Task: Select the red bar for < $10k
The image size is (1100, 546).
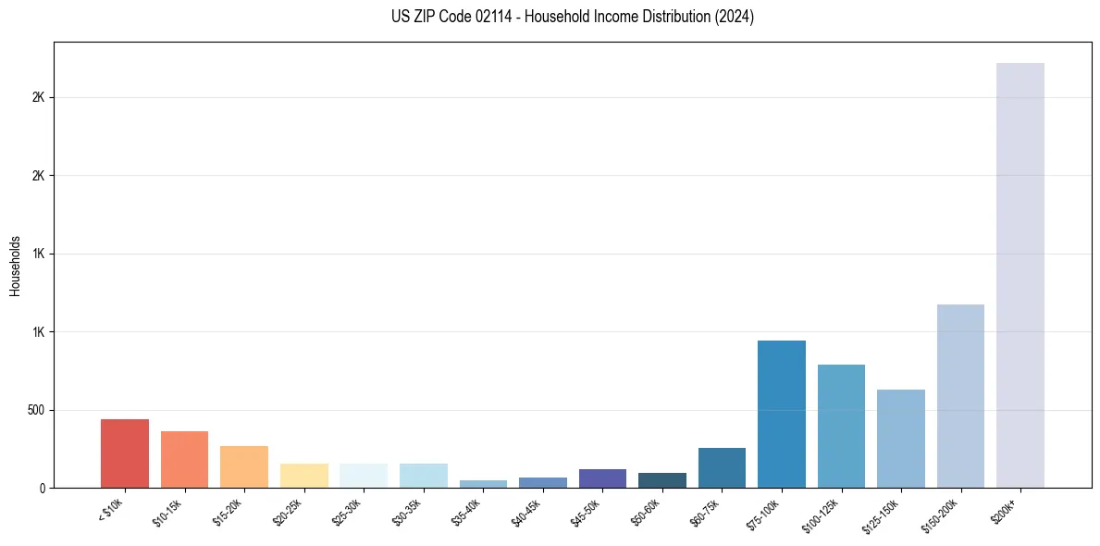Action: click(125, 453)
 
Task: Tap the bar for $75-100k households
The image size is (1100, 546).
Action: click(782, 414)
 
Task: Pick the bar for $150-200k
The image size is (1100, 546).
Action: click(960, 396)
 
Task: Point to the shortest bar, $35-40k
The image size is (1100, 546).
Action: click(483, 484)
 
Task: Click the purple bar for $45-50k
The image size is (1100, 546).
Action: click(602, 478)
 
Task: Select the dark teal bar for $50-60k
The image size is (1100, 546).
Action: click(662, 480)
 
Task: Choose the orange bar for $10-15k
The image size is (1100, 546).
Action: click(184, 459)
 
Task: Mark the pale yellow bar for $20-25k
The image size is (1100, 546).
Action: click(303, 476)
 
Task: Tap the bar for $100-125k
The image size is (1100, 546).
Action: click(841, 426)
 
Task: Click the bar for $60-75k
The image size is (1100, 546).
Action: click(722, 467)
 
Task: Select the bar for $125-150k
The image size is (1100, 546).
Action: click(901, 439)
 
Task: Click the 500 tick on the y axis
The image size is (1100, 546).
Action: click(36, 410)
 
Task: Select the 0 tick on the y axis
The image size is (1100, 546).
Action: click(42, 488)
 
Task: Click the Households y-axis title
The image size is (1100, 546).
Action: click(15, 265)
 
